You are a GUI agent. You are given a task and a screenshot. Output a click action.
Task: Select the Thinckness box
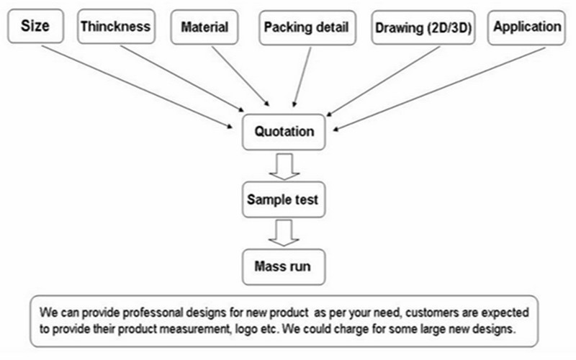click(116, 27)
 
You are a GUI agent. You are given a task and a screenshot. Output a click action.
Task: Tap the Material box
click(204, 28)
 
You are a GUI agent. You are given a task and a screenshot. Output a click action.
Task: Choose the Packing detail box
click(306, 28)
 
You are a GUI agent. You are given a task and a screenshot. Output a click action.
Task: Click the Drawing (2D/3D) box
click(422, 29)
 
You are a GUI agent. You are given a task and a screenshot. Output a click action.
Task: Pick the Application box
click(527, 27)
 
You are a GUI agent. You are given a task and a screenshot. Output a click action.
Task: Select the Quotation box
click(284, 132)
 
